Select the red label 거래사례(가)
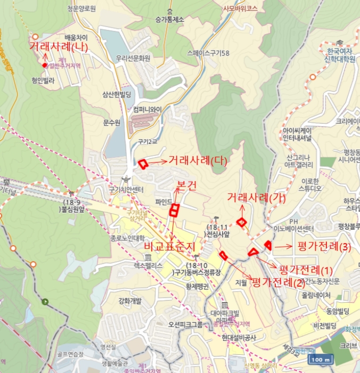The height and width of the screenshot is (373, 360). pyautogui.click(x=256, y=197)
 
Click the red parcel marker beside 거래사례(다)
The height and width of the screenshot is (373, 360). pyautogui.click(x=143, y=164)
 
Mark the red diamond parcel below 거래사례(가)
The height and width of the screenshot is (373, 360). pyautogui.click(x=242, y=222)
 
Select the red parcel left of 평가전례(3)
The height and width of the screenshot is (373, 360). pyautogui.click(x=268, y=245)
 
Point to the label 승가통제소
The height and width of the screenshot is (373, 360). pyautogui.click(x=169, y=20)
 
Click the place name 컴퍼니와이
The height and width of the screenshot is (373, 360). pyautogui.click(x=147, y=109)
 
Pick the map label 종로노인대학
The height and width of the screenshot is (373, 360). pyautogui.click(x=128, y=238)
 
